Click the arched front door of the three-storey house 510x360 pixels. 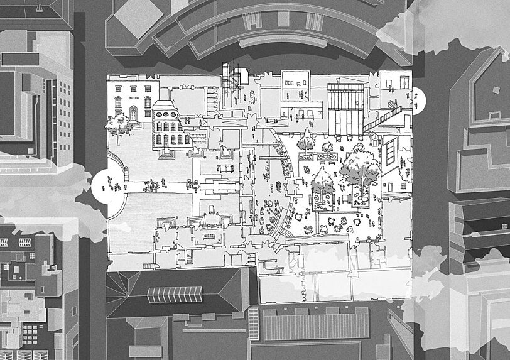click(133, 114)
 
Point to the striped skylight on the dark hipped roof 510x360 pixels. click(175, 293)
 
